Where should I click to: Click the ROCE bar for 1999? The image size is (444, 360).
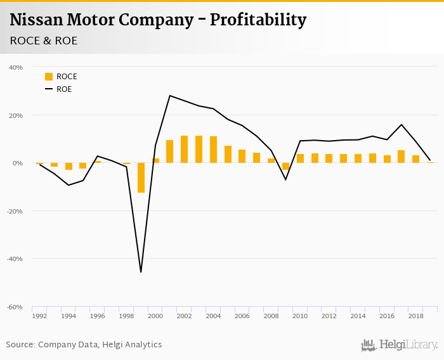(141, 177)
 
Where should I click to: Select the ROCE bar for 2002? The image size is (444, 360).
(184, 149)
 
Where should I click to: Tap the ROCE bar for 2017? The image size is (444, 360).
(401, 157)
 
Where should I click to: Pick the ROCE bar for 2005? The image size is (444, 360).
(228, 154)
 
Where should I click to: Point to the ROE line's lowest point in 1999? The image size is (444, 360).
(141, 272)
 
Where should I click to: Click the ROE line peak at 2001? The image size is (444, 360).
(170, 96)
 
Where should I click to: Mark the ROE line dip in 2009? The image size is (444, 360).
(285, 179)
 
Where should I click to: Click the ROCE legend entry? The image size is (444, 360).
(61, 77)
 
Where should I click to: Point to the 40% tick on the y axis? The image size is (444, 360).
(16, 67)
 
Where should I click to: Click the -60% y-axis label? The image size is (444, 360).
(15, 307)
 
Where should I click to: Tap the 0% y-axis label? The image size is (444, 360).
(18, 163)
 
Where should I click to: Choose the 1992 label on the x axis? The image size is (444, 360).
(39, 316)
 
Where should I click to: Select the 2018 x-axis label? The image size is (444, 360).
(415, 316)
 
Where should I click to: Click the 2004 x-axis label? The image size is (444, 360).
(213, 316)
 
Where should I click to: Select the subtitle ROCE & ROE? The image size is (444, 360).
(44, 41)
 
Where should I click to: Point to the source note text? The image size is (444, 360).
(84, 345)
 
